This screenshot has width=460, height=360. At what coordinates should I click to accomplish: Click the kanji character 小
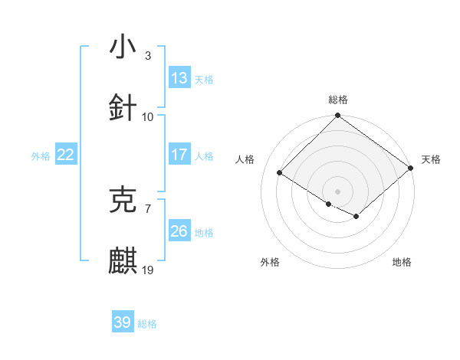click(123, 47)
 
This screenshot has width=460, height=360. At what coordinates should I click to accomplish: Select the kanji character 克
click(123, 199)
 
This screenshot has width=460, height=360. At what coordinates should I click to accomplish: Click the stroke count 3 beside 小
click(148, 55)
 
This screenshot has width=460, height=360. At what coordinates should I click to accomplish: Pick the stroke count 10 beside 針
click(148, 116)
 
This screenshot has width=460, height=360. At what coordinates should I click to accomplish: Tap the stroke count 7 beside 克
click(148, 208)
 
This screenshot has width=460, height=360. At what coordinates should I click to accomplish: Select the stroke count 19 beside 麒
click(148, 270)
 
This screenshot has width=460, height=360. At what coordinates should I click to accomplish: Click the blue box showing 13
click(179, 78)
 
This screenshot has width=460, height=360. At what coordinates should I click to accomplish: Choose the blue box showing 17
click(179, 155)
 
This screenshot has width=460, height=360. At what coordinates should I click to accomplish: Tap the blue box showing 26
click(179, 231)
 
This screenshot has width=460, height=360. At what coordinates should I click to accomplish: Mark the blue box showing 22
click(66, 155)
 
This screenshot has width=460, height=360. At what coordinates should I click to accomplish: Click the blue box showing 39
click(123, 322)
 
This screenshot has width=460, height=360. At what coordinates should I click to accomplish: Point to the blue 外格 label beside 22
click(41, 155)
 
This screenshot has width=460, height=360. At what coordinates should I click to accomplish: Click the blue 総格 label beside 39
click(147, 323)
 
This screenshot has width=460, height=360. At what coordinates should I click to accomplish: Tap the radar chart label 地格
click(402, 262)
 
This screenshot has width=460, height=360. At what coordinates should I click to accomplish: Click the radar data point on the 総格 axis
click(337, 116)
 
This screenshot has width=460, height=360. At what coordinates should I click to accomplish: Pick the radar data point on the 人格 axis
click(280, 172)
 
